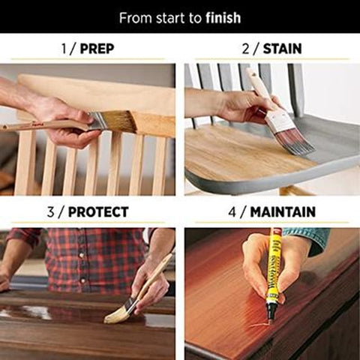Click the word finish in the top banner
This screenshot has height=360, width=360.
pos(223,17)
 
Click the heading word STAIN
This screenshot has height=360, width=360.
pos(283,49)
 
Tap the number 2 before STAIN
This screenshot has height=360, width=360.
pos(244,49)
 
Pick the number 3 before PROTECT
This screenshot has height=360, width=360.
pos(50,212)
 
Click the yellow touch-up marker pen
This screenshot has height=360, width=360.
pos(274,270)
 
